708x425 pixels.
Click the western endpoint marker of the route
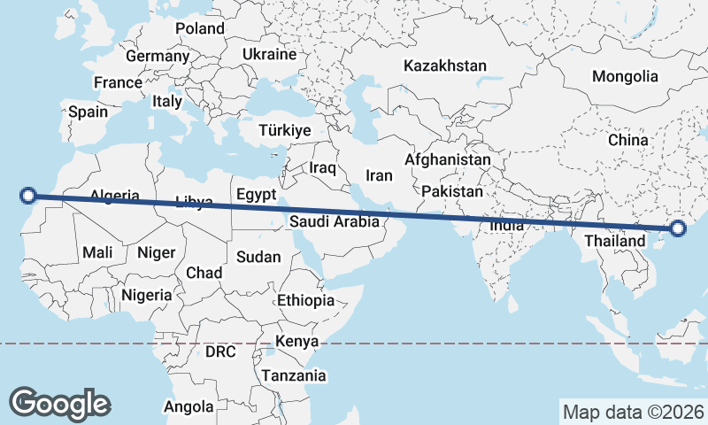click(x=28, y=196)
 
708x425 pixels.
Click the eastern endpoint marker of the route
click(x=679, y=228)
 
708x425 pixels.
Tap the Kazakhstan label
click(x=444, y=66)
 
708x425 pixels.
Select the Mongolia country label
click(x=625, y=76)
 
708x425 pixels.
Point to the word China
click(x=628, y=140)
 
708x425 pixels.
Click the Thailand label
click(x=615, y=241)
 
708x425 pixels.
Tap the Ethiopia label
click(x=305, y=301)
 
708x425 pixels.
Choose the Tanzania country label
click(x=293, y=375)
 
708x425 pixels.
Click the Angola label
click(x=189, y=407)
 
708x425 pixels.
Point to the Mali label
click(x=97, y=253)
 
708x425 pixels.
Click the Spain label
click(x=88, y=112)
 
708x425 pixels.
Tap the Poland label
click(x=199, y=28)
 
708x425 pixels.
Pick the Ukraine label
click(x=269, y=55)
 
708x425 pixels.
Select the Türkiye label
click(x=284, y=131)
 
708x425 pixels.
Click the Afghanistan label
click(x=447, y=160)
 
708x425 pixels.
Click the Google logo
click(x=59, y=404)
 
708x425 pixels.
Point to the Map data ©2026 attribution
click(x=634, y=412)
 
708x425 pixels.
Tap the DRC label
click(x=220, y=352)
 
